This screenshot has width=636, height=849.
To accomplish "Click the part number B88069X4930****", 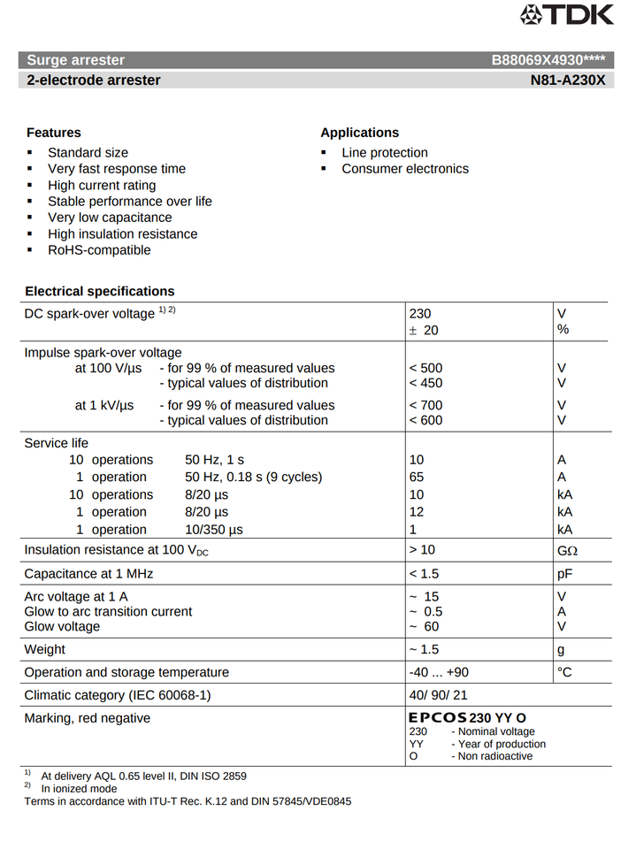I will tap(548, 60).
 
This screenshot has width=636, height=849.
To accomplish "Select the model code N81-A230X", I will tap(568, 80).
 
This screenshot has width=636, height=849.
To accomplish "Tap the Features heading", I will tap(54, 133).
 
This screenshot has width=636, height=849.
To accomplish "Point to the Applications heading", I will tap(359, 133).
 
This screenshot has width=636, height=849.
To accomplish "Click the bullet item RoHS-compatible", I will tap(99, 250).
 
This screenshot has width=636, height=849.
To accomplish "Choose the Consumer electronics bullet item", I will tap(405, 169).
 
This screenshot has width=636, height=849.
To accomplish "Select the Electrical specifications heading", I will tap(100, 291).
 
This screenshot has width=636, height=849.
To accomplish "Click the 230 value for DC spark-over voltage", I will tap(420, 314).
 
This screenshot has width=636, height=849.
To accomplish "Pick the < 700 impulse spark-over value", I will tap(425, 405).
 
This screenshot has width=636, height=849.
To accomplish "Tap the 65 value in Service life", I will tap(417, 477).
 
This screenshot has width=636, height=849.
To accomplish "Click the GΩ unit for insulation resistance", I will tap(567, 550).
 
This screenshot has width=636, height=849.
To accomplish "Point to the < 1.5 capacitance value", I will tap(425, 574).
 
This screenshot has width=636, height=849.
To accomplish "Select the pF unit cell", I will tap(565, 574).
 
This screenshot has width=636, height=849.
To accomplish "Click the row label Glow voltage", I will tap(62, 627).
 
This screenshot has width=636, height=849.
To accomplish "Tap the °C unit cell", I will tap(565, 672).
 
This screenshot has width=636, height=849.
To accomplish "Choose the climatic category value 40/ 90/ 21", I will tap(438, 695).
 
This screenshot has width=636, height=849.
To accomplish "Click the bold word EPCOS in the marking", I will tap(438, 718).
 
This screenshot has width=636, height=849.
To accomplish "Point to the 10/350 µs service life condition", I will tap(214, 530).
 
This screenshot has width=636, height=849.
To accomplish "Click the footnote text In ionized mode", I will tap(79, 788).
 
